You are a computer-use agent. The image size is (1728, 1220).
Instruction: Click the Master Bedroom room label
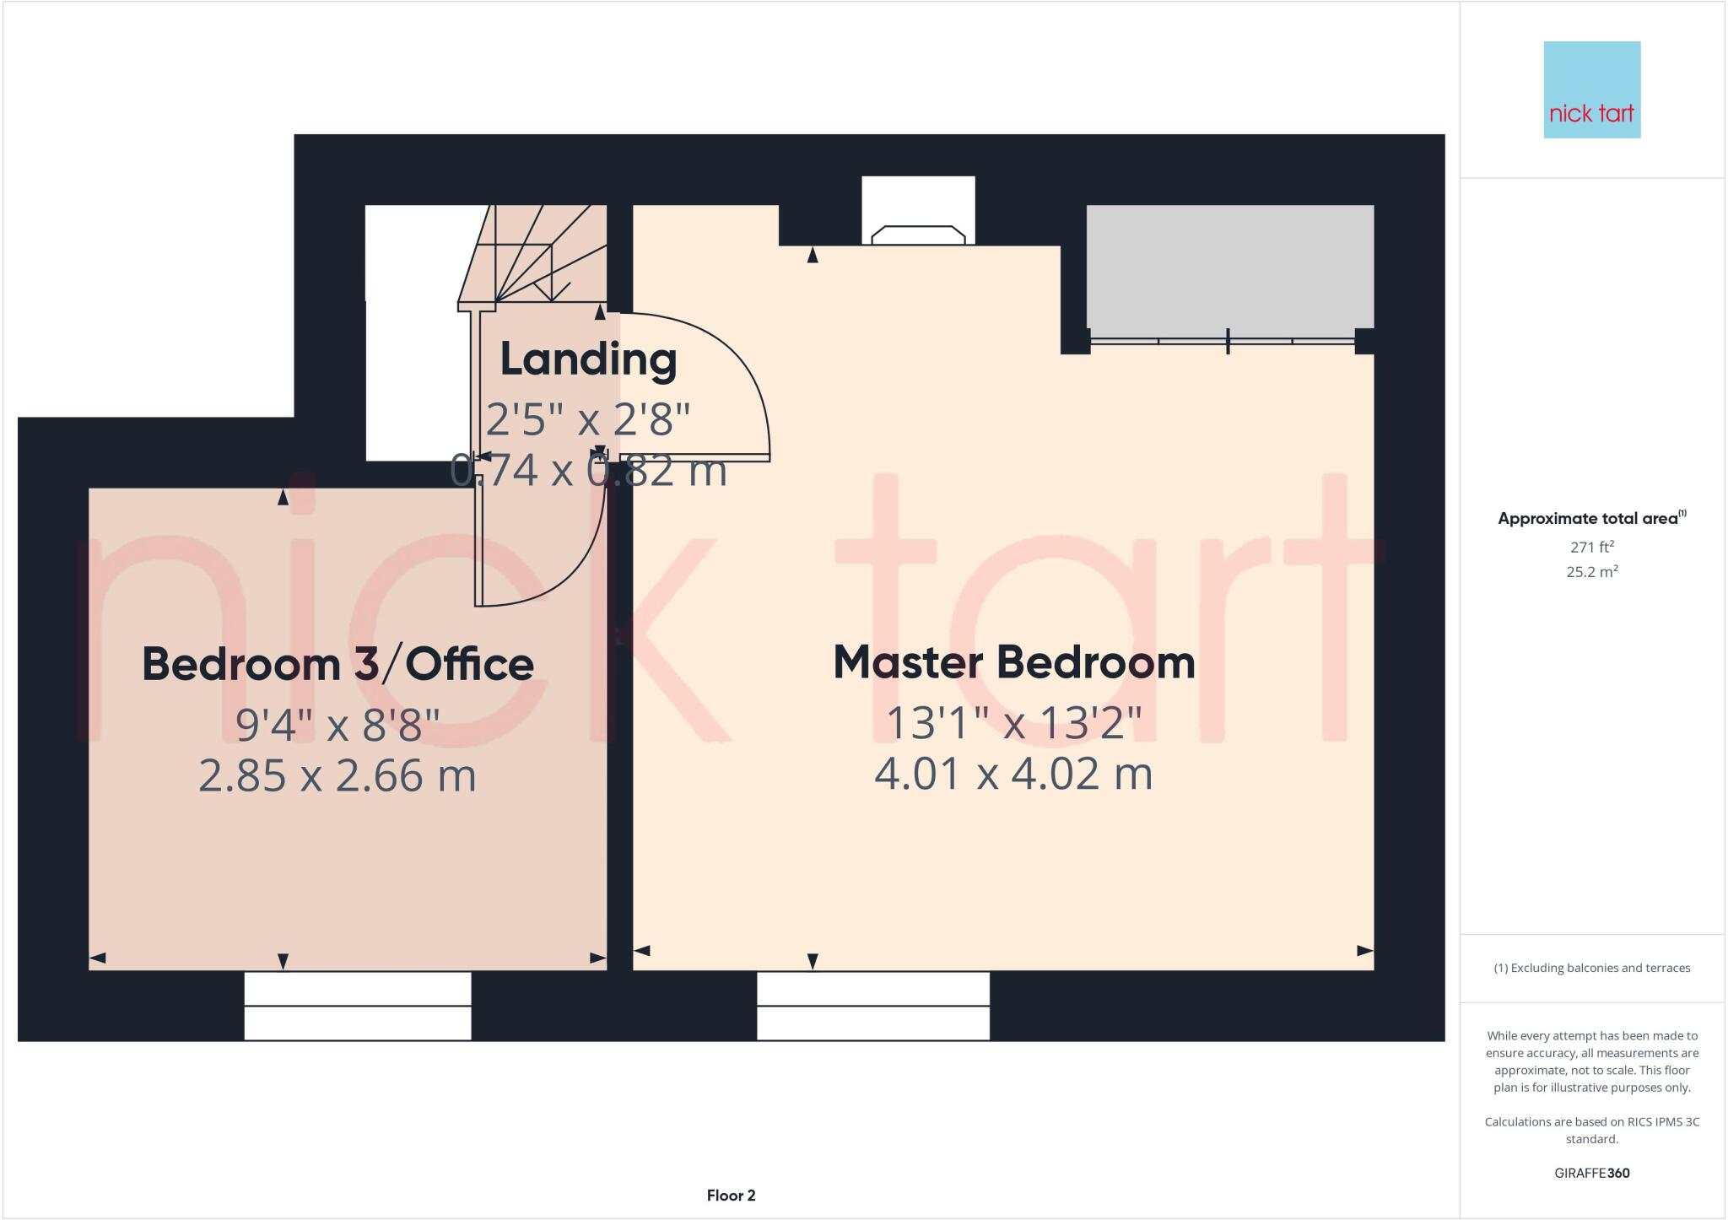(1013, 662)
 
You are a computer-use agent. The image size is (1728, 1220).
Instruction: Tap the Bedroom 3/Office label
(337, 664)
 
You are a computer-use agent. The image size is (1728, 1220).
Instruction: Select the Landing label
(588, 359)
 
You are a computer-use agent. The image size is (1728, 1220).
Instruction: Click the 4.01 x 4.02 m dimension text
(1013, 774)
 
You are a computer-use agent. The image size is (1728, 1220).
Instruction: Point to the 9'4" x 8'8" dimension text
(337, 725)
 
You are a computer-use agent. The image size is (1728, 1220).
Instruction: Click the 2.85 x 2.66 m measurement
(337, 775)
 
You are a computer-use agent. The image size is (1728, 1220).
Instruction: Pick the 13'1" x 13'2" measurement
(1013, 723)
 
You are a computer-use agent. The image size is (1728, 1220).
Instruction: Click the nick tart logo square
(1591, 89)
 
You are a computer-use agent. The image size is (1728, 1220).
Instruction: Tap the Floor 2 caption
(731, 1195)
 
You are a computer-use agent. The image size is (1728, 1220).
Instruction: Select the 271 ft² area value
(1591, 547)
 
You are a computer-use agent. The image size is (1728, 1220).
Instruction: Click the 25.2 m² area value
(1591, 572)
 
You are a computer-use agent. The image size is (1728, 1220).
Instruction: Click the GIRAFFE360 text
(1591, 1173)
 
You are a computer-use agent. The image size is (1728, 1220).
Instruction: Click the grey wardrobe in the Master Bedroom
(1229, 267)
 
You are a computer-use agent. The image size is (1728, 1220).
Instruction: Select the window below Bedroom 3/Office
(358, 1006)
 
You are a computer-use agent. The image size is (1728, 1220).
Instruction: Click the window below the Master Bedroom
(872, 1006)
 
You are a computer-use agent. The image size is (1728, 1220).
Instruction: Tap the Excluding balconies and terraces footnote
(1591, 968)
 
